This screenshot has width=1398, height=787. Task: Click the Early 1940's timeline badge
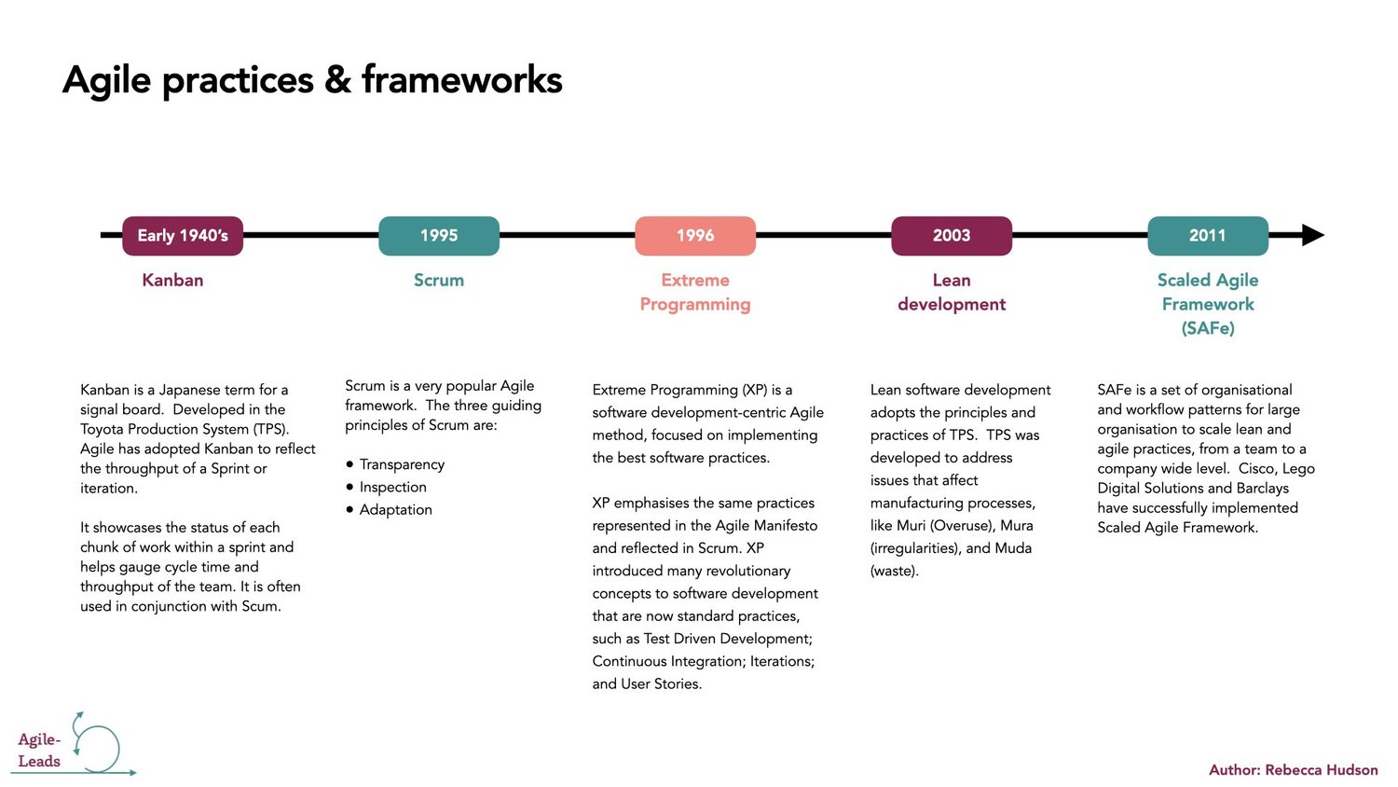[183, 236]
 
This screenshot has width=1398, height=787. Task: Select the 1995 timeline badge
[439, 236]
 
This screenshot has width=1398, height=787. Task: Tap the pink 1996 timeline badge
[695, 236]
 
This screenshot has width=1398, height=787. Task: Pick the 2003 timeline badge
[952, 236]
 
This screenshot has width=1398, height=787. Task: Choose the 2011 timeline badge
[1208, 236]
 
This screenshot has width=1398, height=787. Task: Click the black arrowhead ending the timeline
[1312, 235]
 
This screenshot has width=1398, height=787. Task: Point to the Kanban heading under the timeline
[172, 280]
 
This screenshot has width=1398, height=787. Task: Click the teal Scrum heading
[439, 280]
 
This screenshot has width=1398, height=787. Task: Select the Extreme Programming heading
[695, 292]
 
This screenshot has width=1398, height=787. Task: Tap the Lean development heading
[952, 292]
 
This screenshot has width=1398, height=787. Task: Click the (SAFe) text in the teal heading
[1208, 328]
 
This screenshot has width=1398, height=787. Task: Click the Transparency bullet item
[402, 464]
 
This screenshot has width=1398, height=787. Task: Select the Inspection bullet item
[392, 487]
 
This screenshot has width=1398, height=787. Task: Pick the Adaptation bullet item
[395, 509]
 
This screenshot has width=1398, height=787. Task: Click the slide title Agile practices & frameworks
[312, 80]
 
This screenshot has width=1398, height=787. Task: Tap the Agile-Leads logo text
[39, 751]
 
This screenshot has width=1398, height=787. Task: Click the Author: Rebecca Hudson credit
[1293, 769]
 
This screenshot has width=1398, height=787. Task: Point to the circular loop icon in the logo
[99, 748]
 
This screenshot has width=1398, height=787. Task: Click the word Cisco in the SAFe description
[1256, 468]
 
